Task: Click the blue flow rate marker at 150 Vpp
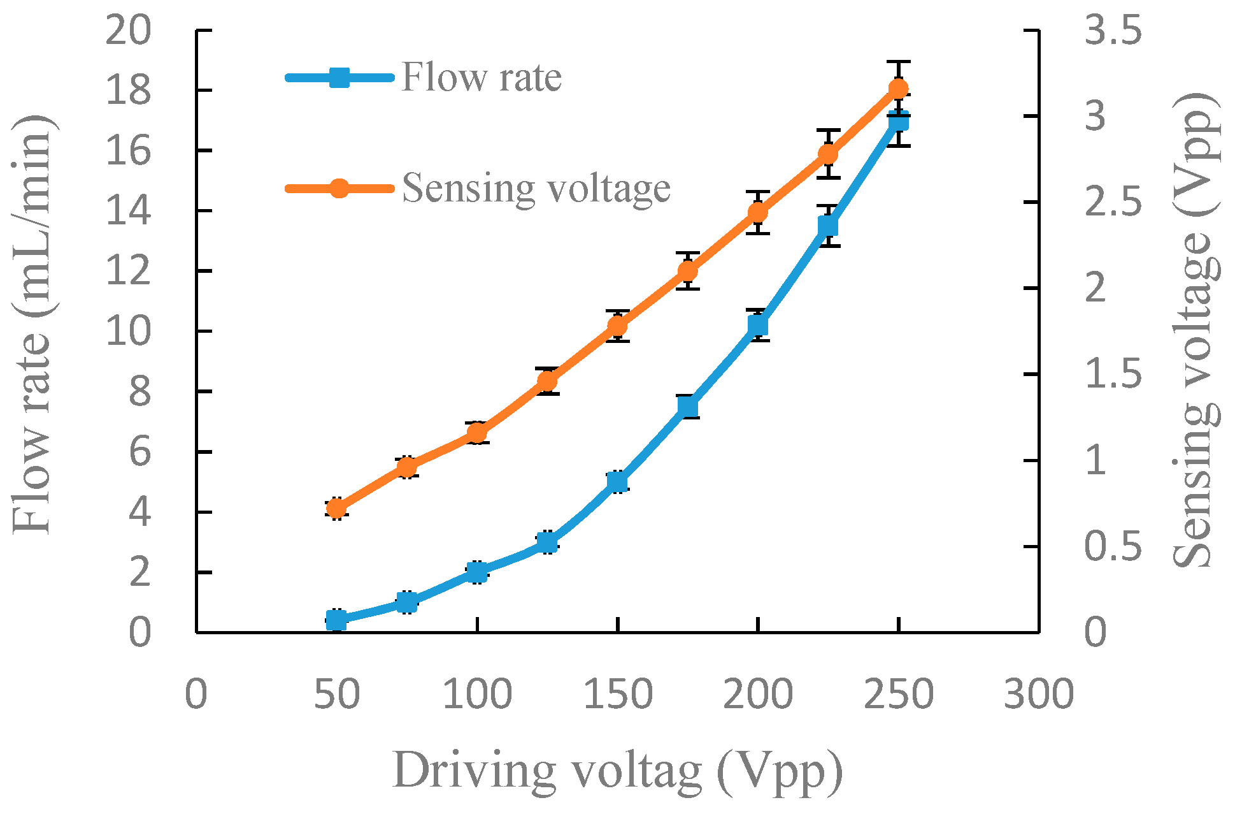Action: tap(617, 482)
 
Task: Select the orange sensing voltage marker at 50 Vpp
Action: tap(336, 509)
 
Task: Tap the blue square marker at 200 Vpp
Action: tap(757, 326)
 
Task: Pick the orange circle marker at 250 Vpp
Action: tap(898, 89)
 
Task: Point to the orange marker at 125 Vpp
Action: tap(547, 381)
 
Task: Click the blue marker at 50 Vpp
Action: tap(336, 620)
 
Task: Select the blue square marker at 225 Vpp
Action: tap(827, 226)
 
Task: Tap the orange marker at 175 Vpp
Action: tap(687, 272)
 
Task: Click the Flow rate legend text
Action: tap(482, 78)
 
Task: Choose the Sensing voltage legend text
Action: tap(536, 189)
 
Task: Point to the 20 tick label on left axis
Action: tap(129, 30)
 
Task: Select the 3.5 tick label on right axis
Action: tap(1113, 30)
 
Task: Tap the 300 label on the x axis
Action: tap(1038, 694)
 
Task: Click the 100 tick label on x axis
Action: tap(476, 694)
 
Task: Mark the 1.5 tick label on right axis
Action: tap(1113, 374)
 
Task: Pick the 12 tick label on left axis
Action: tap(129, 271)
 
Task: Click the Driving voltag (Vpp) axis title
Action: tap(617, 771)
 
